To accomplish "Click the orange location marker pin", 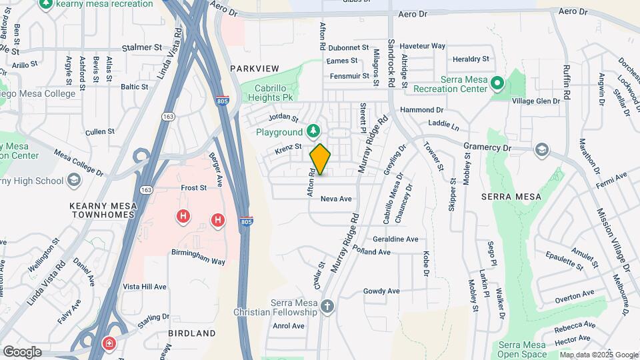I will click(x=321, y=159).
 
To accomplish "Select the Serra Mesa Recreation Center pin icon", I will click(x=497, y=84).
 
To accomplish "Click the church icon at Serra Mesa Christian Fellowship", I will click(x=327, y=307).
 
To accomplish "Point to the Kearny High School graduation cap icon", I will click(x=73, y=181).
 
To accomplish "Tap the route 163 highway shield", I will click(x=164, y=116).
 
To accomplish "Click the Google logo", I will click(x=22, y=351).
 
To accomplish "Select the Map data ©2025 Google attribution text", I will click(x=599, y=355).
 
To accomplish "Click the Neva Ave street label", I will click(x=336, y=199).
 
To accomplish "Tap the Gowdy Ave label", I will click(x=381, y=291).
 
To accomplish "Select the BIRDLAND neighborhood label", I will click(x=192, y=333).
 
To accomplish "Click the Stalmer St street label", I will click(x=143, y=48).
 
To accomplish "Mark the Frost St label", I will click(x=194, y=188).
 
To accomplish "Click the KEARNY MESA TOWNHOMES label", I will click(x=102, y=211).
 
